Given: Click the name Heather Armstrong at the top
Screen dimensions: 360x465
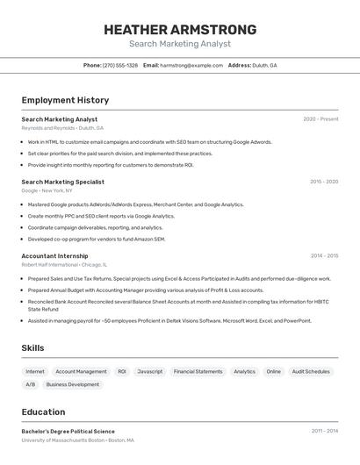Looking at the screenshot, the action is tap(180, 30).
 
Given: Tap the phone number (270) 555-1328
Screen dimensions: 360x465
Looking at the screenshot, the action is tap(120, 65).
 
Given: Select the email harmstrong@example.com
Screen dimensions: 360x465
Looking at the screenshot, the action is tap(191, 65).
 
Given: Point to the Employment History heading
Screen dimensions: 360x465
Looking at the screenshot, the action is tap(65, 101).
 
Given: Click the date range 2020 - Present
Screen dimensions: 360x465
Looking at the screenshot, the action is tap(320, 119).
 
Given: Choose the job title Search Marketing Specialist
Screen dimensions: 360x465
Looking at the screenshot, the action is tap(62, 182).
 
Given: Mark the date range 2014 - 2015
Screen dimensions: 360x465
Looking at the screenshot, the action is tap(324, 256).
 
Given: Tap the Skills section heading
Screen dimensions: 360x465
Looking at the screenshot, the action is tap(32, 348).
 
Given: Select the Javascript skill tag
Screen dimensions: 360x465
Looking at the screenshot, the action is tap(150, 371).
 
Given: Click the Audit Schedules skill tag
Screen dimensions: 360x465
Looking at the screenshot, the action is tap(311, 371).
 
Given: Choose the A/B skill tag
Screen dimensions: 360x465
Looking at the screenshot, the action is tap(31, 384).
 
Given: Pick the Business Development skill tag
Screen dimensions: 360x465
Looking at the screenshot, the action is tap(73, 384).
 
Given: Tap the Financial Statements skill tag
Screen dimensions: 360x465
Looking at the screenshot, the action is tap(198, 371).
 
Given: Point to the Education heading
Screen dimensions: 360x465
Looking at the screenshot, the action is tap(43, 412).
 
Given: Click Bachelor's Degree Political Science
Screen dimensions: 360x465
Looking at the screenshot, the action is tap(68, 432).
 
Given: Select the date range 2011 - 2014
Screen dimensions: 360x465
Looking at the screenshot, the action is tap(324, 432).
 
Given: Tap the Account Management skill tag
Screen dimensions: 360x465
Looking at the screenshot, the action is tap(81, 371).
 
